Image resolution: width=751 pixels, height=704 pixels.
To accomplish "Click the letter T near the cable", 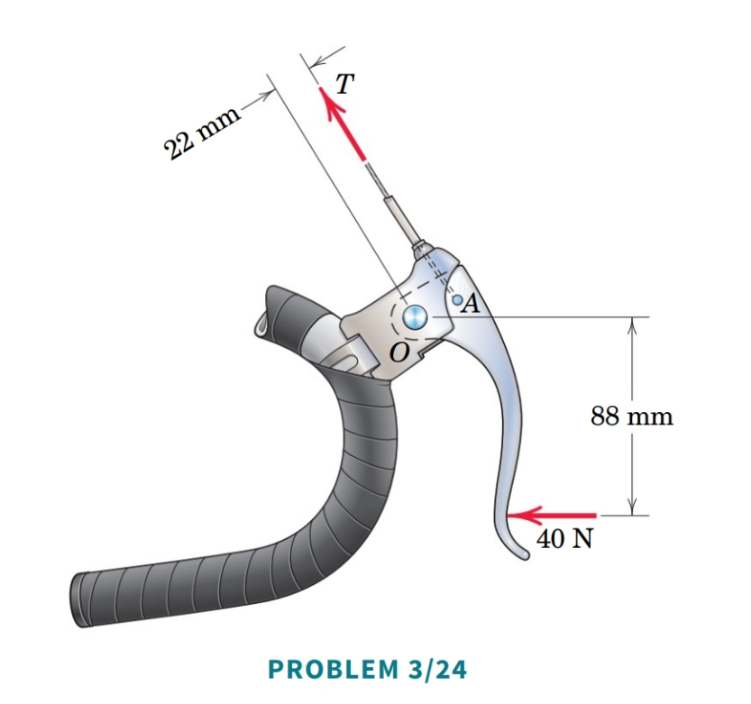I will pos(343,83).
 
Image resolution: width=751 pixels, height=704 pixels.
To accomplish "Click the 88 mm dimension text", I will pos(632,416).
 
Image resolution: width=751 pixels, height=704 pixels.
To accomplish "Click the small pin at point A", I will pos(458,299).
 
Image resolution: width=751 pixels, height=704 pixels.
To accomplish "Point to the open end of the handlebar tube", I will pos(263,321).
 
